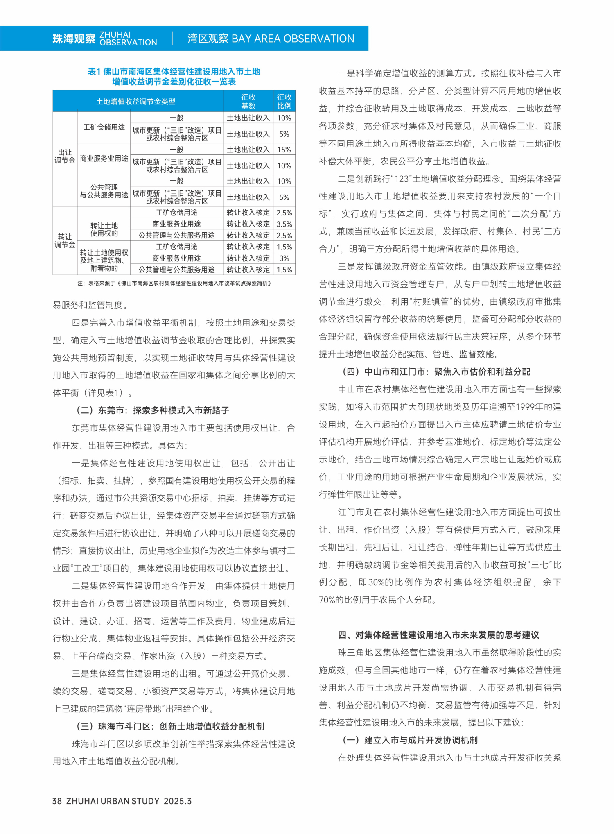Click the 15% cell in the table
click(284, 150)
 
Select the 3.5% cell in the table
click(284, 224)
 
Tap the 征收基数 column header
click(248, 101)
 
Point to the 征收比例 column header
click(284, 101)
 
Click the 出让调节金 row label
click(65, 156)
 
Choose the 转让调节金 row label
click(65, 240)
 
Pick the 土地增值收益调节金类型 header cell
click(136, 101)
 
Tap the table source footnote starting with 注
click(174, 283)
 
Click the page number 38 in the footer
click(57, 801)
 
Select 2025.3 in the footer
click(178, 801)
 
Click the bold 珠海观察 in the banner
click(74, 39)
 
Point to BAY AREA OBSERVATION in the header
click(293, 39)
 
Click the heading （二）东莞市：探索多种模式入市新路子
click(153, 410)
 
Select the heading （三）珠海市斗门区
click(170, 726)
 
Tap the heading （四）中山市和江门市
click(436, 372)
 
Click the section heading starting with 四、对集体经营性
click(438, 635)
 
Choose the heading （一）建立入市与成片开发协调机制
click(410, 740)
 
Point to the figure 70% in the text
click(327, 600)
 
